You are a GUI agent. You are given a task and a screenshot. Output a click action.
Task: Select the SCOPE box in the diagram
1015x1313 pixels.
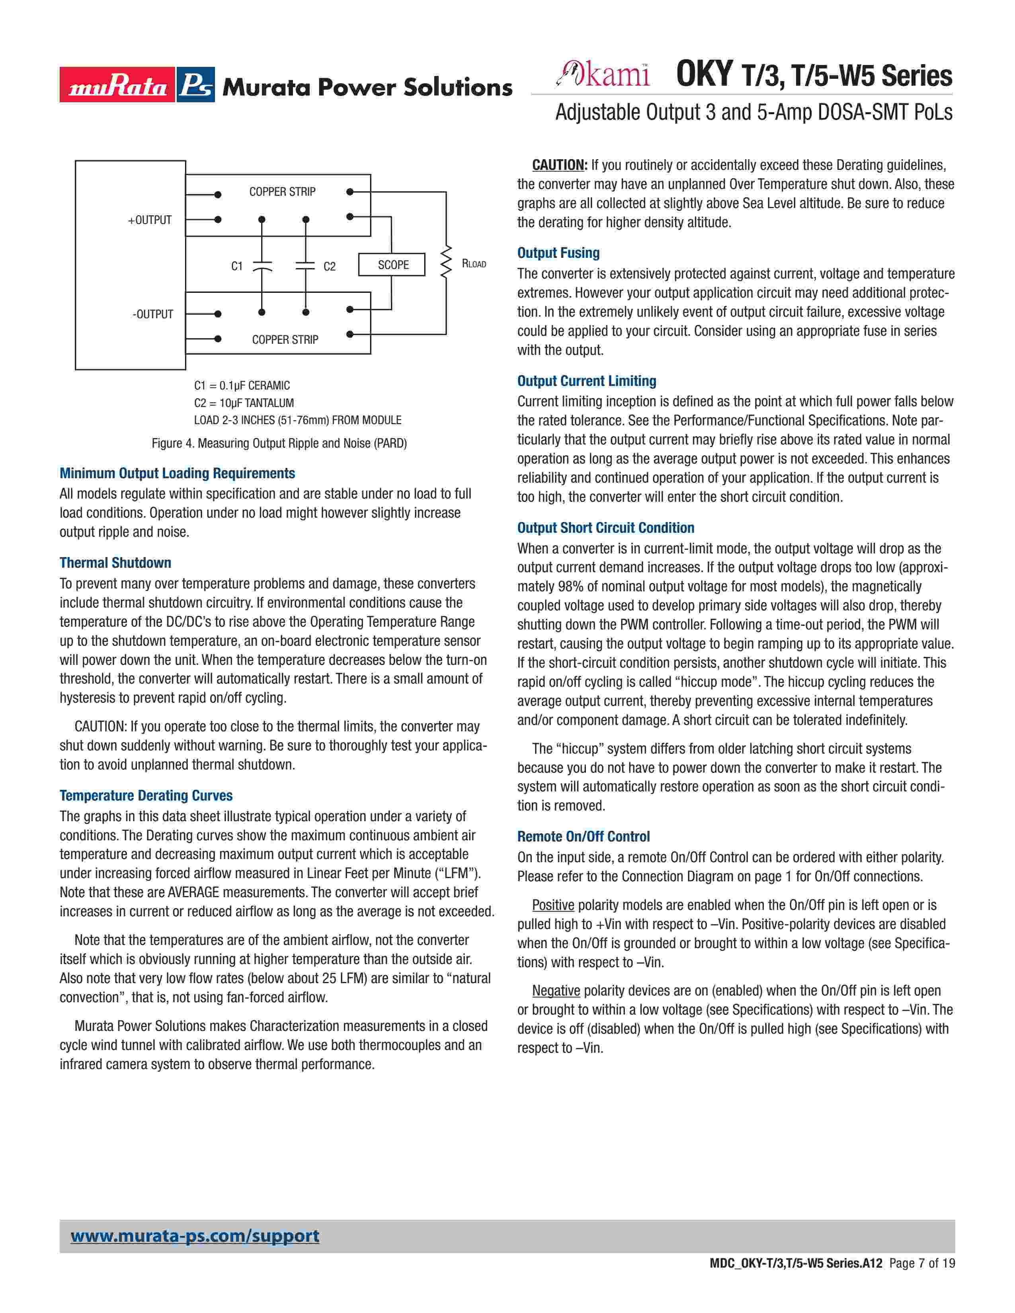coord(392,265)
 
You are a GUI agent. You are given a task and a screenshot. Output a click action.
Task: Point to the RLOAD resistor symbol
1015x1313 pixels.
coord(445,261)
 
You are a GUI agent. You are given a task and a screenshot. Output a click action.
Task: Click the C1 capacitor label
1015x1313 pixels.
coord(237,266)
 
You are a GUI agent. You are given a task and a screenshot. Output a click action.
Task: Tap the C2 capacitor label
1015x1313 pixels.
coord(330,266)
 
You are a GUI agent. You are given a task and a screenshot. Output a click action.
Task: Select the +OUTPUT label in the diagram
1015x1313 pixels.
coord(150,220)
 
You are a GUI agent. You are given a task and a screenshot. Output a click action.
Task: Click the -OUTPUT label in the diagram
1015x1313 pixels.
coord(153,314)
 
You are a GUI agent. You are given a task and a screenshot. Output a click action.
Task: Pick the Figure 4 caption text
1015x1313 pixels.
coord(279,444)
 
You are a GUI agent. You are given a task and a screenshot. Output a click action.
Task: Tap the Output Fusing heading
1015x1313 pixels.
coord(558,253)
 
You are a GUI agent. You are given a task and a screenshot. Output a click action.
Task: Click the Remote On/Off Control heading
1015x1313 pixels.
coord(583,837)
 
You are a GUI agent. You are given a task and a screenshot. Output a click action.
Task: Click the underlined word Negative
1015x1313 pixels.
coord(556,991)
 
